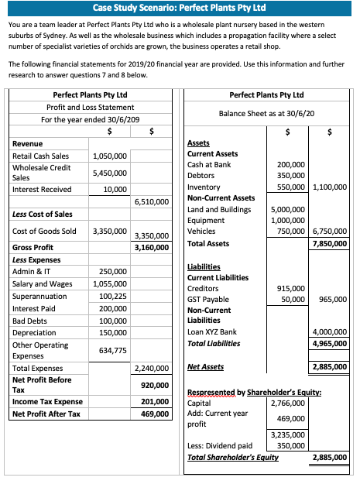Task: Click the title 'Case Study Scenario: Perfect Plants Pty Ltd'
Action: point(179,8)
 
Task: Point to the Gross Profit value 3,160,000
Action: point(153,248)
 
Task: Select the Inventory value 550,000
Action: point(291,187)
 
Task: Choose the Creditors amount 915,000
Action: point(291,288)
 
